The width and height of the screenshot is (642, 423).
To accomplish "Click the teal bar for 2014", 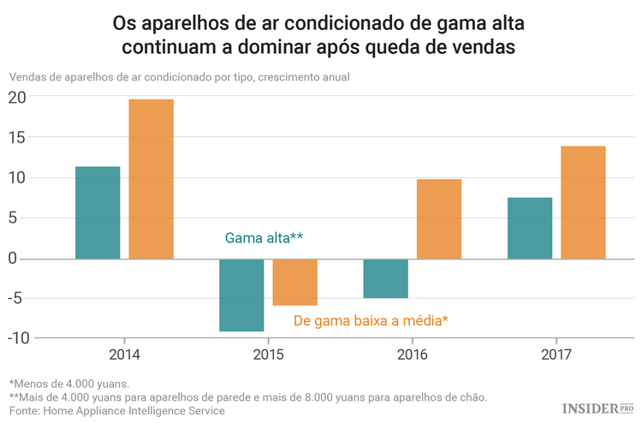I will pos(98,212).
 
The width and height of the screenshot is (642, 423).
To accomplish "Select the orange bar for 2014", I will pos(152,179).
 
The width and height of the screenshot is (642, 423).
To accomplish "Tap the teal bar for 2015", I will pos(241,295).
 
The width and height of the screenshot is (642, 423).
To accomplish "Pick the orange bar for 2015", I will pos(295,282).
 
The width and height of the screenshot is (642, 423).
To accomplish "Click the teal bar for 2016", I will pos(385,278).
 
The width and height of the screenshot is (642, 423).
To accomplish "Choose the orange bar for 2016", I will pos(439,218).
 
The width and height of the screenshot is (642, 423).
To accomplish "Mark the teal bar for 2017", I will pos(530,228).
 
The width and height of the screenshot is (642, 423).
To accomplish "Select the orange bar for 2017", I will pos(583,202).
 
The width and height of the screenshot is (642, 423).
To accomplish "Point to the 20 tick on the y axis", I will pos(17,98).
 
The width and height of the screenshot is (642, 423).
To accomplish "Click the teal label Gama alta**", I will pos(264,238).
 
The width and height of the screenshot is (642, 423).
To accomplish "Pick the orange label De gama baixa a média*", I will pos(371,320).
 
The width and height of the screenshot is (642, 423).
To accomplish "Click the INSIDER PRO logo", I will pos(597,409).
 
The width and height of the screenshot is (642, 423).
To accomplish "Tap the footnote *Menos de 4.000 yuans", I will pos(68,384).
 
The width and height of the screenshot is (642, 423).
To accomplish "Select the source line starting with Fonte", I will pos(116,411).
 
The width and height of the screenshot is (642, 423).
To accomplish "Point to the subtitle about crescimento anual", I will pos(180,77).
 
